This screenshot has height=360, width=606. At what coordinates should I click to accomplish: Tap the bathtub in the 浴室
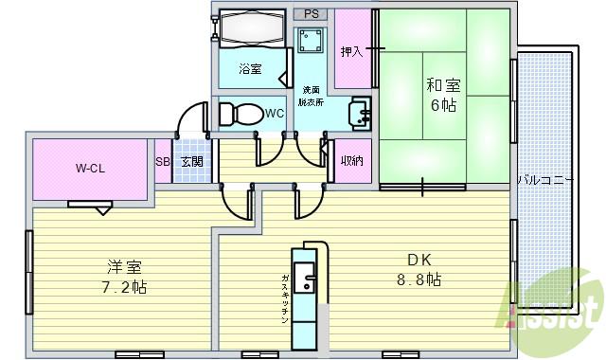click(251, 28)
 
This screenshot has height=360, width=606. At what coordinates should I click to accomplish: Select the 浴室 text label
click(250, 69)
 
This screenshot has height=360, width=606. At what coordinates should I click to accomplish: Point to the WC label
click(275, 114)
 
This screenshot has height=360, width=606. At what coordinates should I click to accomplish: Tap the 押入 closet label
click(352, 51)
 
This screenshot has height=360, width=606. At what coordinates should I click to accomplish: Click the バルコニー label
click(544, 178)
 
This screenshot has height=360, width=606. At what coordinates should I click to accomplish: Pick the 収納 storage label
click(351, 161)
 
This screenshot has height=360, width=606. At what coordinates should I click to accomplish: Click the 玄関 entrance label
click(191, 162)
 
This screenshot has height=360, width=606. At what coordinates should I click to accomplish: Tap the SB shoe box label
click(163, 162)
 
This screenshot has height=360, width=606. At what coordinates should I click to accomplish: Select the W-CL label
click(91, 170)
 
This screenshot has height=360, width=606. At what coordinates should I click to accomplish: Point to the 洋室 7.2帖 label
click(125, 275)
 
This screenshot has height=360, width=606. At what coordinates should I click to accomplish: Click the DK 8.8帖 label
click(418, 269)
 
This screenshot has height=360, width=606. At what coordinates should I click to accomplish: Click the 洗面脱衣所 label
click(310, 95)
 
